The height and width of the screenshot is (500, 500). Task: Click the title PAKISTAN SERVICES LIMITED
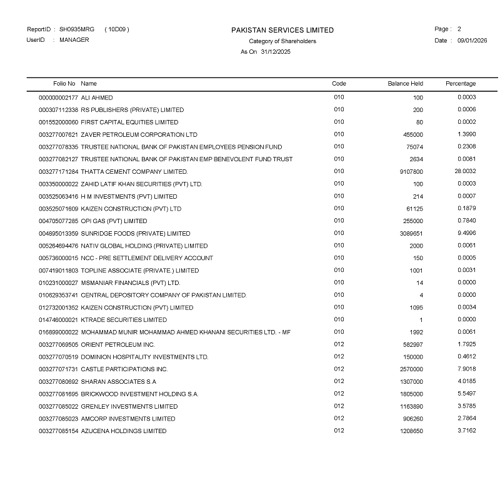pos(282,30)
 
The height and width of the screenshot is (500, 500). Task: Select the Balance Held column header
pos(405,84)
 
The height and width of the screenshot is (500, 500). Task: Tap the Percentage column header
pos(461,84)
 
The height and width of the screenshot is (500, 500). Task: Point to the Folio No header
pos(64,84)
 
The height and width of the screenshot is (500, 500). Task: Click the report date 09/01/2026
pos(472,41)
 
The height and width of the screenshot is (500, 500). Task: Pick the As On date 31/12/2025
pos(276,52)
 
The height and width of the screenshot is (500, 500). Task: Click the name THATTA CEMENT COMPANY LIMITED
pos(134,172)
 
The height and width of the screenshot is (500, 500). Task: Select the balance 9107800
pos(411,172)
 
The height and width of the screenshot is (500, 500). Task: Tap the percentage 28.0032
pos(466,171)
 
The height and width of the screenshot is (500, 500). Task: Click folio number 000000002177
pos(59,98)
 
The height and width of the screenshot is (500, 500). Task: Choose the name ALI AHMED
pos(97,98)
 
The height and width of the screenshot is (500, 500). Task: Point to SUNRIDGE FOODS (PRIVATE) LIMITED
pos(136,234)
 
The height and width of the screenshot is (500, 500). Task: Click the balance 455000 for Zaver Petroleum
pos(413,135)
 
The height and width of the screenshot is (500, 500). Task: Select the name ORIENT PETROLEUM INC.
pos(118,345)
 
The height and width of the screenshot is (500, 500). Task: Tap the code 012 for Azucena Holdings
pos(339,431)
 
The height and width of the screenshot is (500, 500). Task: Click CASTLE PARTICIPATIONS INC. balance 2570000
pos(411,369)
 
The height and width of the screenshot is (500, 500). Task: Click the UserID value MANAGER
pos(74,40)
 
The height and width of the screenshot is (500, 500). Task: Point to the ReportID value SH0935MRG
pos(77,29)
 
